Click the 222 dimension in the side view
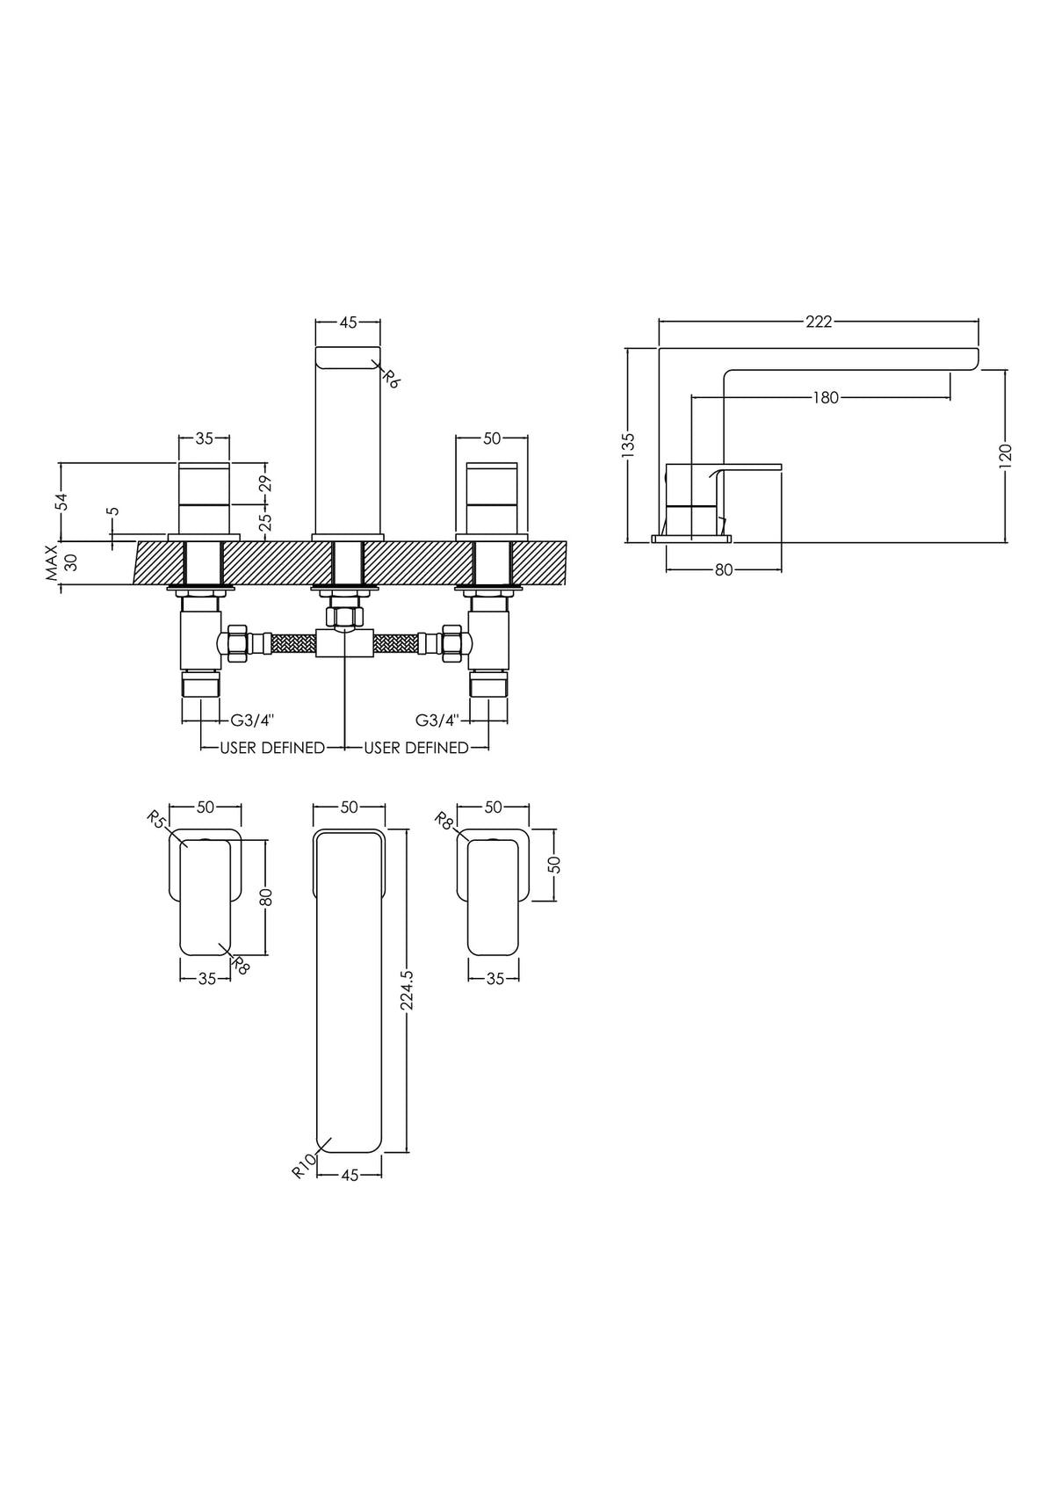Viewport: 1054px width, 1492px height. point(819,322)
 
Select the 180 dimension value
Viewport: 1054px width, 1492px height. point(826,398)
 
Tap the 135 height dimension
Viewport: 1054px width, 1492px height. point(628,445)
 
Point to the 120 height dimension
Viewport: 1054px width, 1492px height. point(1006,456)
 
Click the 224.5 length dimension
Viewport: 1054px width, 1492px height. point(407,999)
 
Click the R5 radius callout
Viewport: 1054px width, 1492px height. point(157,819)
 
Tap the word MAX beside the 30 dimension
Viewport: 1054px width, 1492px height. point(52,563)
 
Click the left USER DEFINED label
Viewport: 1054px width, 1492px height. point(272,748)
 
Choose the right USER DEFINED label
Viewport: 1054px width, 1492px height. point(416,748)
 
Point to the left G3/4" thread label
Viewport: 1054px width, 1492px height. point(252,720)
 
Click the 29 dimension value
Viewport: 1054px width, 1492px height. point(265,483)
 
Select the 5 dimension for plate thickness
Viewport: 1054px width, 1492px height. point(113,511)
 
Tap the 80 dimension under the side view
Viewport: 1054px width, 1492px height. point(724,570)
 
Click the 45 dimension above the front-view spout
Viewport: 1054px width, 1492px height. point(348,323)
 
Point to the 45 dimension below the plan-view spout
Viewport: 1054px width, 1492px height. point(350,1176)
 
